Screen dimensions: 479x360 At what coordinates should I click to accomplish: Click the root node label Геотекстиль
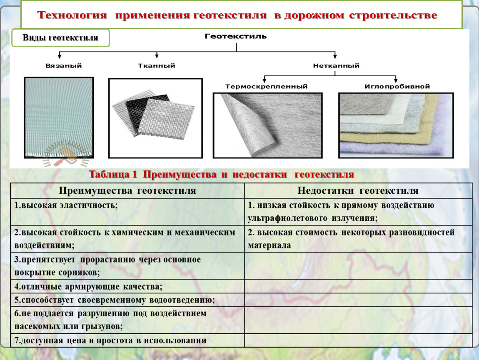click(x=235, y=36)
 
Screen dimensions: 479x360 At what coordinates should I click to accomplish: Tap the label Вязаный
click(x=64, y=66)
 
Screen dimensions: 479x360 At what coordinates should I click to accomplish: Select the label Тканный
click(x=157, y=66)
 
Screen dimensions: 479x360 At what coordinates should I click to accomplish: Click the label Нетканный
click(x=336, y=66)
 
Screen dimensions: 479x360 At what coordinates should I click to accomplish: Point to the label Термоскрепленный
click(x=267, y=87)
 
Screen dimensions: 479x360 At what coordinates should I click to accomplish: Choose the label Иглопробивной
click(x=397, y=87)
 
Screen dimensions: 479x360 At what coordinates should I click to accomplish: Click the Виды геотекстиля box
click(x=60, y=38)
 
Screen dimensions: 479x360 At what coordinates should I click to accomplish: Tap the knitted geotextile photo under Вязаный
click(x=59, y=117)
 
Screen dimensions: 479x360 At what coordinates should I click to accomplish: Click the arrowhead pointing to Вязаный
click(x=60, y=56)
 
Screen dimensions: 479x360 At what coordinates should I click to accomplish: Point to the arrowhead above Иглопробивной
click(x=396, y=80)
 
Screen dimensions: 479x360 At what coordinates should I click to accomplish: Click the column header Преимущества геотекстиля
click(x=127, y=191)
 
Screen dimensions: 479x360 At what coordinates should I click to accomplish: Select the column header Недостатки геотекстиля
click(x=358, y=191)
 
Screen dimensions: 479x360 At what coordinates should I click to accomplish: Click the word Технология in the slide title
click(x=72, y=15)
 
